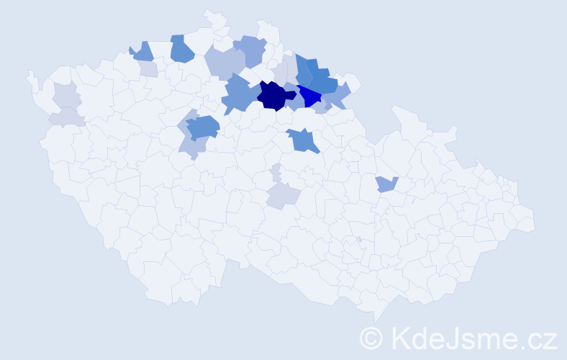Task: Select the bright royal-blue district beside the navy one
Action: tap(309, 96)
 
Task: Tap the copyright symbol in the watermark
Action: tap(372, 338)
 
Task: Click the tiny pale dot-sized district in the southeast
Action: tap(358, 239)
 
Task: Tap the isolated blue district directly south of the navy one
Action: tap(303, 140)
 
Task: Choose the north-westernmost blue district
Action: tap(142, 52)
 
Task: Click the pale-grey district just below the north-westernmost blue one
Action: tap(148, 69)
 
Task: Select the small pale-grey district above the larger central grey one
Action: tap(276, 172)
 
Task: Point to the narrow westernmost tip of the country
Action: tap(30, 74)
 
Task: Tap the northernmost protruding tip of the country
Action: tap(208, 12)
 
